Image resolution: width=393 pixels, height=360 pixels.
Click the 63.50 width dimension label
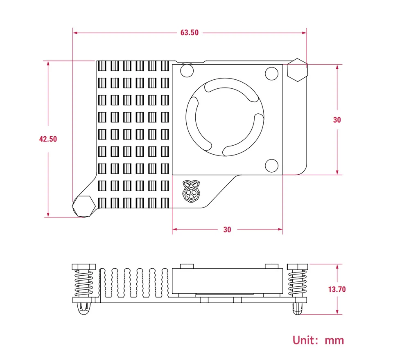tap(190, 33)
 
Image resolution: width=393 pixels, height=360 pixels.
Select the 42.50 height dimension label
tap(48, 139)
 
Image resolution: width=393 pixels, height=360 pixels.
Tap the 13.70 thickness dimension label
tap(337, 289)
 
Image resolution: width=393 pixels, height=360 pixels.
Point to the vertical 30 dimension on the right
tap(337, 120)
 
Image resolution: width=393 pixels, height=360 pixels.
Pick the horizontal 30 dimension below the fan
tap(227, 229)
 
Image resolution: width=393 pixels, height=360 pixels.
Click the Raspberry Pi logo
tap(191, 191)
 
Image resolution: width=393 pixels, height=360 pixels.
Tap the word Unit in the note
tap(303, 340)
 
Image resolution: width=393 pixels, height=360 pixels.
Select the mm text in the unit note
tap(334, 341)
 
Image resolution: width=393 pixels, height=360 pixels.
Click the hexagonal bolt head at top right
tap(297, 70)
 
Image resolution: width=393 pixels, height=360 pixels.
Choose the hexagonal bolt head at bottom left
tap(84, 206)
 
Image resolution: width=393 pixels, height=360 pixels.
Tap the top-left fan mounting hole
tap(187, 70)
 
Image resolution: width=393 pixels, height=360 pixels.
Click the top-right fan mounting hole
tap(272, 74)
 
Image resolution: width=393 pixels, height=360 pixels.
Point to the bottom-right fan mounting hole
tap(272, 166)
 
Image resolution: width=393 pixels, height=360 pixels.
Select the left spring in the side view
tap(84, 283)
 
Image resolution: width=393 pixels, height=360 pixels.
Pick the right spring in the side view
tap(297, 283)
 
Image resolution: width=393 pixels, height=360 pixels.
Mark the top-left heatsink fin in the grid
tap(102, 66)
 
